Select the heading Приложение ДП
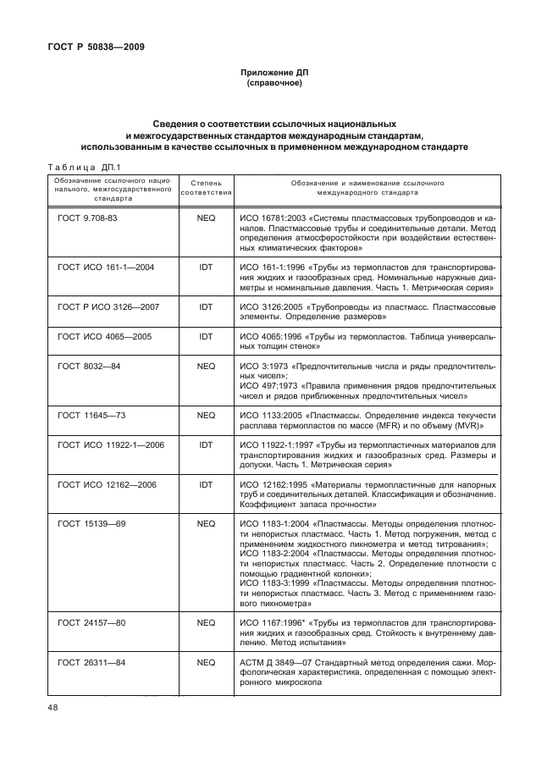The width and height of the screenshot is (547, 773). click(273, 74)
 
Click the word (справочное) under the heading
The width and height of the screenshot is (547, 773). click(273, 85)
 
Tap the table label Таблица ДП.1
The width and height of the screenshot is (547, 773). click(85, 167)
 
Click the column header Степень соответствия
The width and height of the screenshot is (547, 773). click(206, 188)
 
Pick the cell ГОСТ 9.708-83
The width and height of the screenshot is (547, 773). click(87, 218)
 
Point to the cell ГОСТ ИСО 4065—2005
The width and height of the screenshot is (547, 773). click(104, 336)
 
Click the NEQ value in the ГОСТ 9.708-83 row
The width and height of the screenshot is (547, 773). click(206, 218)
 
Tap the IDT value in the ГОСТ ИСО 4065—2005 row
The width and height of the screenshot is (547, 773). click(206, 336)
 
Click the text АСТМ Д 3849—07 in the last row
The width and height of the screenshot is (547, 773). click(274, 662)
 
